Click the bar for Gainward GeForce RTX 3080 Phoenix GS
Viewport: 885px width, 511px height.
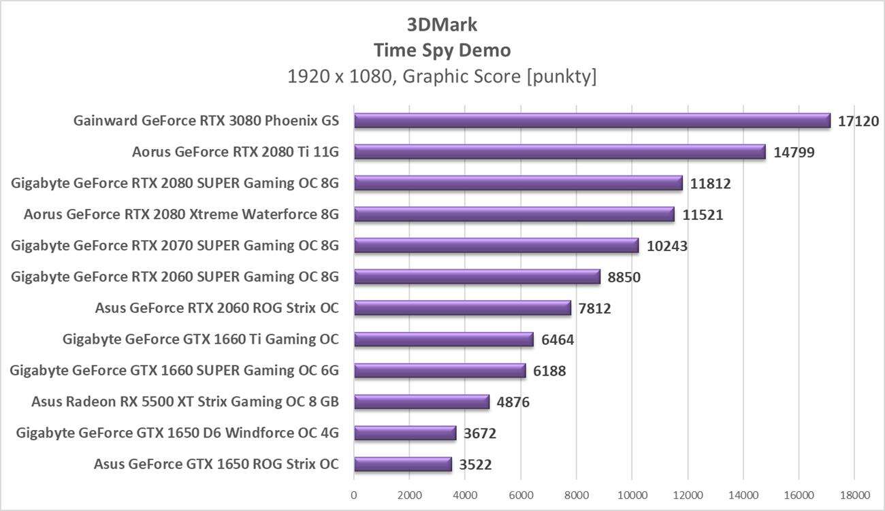click(592, 120)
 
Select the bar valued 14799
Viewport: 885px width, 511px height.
click(560, 152)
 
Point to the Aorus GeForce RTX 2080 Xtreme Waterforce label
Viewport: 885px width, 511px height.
click(181, 215)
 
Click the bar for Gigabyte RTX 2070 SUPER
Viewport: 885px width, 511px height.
click(496, 246)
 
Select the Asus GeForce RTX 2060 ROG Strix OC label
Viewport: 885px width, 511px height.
click(217, 308)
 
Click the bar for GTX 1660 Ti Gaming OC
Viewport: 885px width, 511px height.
click(443, 340)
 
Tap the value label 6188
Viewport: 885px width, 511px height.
click(550, 371)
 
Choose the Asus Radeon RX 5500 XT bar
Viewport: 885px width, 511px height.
click(421, 402)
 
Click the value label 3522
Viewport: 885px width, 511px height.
click(475, 465)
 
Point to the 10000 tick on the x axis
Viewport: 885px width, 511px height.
click(631, 495)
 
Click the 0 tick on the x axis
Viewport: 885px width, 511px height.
click(354, 495)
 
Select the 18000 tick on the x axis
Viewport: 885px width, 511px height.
click(854, 495)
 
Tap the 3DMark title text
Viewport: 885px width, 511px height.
click(442, 25)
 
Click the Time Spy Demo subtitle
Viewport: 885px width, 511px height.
click(442, 50)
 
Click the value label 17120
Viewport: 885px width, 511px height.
click(858, 122)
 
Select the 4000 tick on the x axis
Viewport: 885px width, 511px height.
click(465, 495)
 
